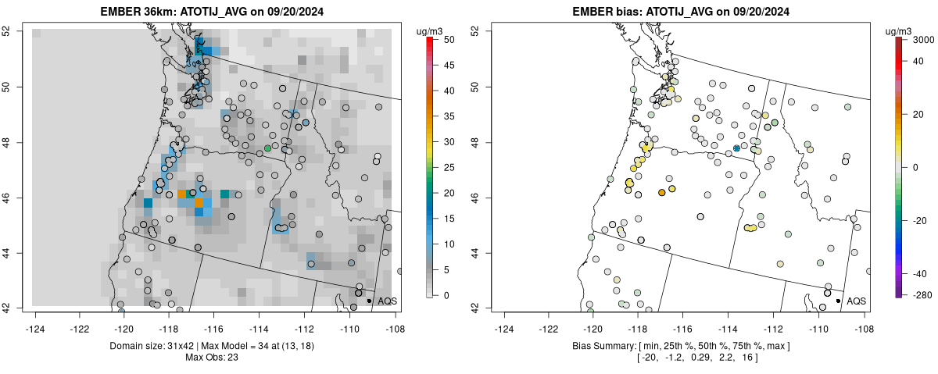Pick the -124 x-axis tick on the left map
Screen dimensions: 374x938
tap(36, 319)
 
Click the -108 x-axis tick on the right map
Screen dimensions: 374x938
tap(864, 319)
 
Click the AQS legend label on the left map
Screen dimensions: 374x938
tap(387, 301)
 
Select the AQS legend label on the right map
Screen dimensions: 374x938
tap(856, 301)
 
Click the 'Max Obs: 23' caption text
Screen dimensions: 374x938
tap(212, 358)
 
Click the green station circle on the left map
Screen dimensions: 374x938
tap(268, 148)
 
